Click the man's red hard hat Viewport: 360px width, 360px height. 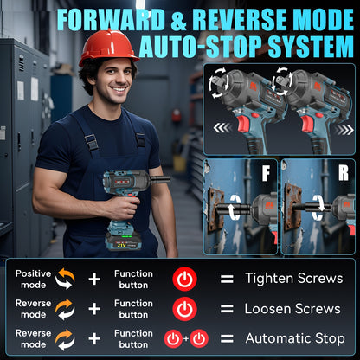click(x=109, y=47)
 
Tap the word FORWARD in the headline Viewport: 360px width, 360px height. click(x=111, y=20)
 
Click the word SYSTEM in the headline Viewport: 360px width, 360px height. click(x=311, y=47)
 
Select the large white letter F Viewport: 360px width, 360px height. click(x=266, y=174)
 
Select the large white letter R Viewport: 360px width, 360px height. click(x=344, y=173)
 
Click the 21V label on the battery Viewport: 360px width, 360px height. click(x=121, y=245)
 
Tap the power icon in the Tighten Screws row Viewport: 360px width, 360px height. click(x=184, y=279)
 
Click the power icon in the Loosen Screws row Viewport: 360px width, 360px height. click(x=184, y=309)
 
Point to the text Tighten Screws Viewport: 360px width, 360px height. click(x=294, y=279)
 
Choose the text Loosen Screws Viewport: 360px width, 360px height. click(x=292, y=309)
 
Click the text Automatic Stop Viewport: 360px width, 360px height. click(x=295, y=338)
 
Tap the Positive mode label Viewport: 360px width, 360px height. click(x=33, y=280)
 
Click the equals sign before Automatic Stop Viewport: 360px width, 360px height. click(x=227, y=338)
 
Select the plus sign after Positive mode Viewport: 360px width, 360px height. click(x=94, y=280)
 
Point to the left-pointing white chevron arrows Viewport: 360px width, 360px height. click(x=222, y=128)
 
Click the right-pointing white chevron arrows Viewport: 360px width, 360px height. click(x=344, y=130)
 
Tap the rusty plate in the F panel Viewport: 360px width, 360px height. click(x=215, y=210)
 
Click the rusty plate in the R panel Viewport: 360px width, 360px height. click(x=292, y=207)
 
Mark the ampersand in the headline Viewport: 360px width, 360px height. click(x=179, y=20)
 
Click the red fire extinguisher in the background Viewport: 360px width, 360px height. click(x=177, y=115)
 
